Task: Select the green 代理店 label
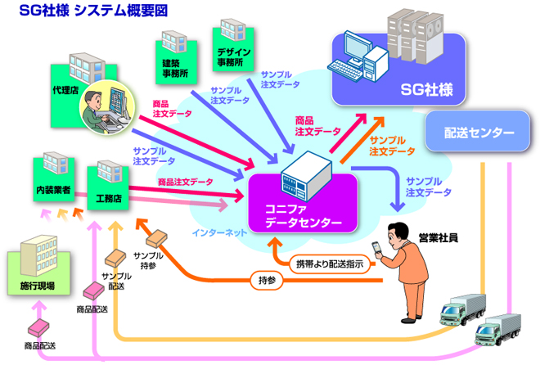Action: point(65,89)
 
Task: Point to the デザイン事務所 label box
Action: point(234,56)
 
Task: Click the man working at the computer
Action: point(106,106)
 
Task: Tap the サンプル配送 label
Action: point(115,282)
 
